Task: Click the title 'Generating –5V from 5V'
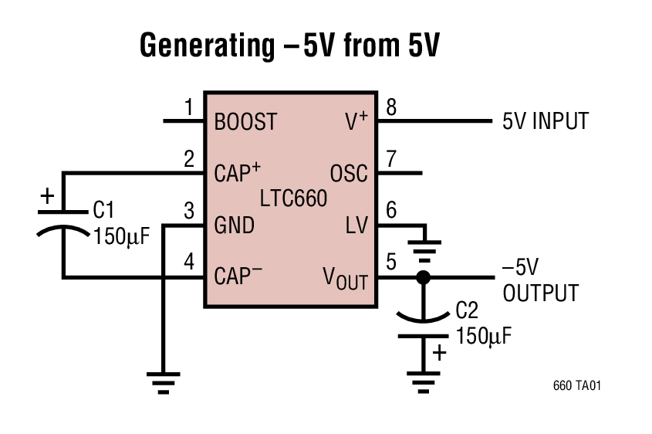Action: (289, 47)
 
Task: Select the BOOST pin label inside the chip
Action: (245, 122)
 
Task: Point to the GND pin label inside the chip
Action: (234, 225)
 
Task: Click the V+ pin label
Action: (356, 121)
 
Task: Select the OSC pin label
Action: (349, 173)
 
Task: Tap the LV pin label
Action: (356, 225)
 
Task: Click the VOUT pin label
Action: (345, 278)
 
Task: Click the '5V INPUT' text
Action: (545, 121)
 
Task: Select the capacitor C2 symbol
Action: (422, 324)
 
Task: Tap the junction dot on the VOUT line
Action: (422, 277)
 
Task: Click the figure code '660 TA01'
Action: (576, 385)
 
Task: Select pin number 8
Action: (391, 108)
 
